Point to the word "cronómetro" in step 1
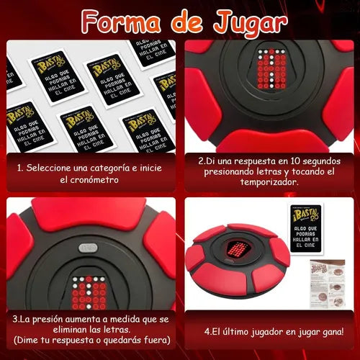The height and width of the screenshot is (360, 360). pyautogui.click(x=95, y=181)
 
